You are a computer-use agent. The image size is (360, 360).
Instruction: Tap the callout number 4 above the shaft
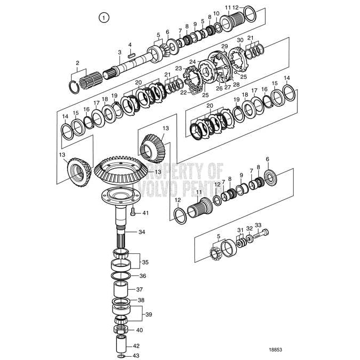pyautogui.click(x=130, y=44)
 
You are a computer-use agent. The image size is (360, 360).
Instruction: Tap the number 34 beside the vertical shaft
pyautogui.click(x=141, y=232)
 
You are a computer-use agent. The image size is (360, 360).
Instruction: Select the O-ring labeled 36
pyautogui.click(x=122, y=276)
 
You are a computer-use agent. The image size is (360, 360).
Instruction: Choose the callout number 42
pyautogui.click(x=136, y=346)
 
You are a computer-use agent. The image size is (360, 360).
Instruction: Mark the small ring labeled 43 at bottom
pyautogui.click(x=122, y=355)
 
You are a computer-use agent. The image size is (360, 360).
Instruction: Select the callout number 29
pyautogui.click(x=224, y=47)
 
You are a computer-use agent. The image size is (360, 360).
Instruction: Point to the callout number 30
pyautogui.click(x=240, y=40)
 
